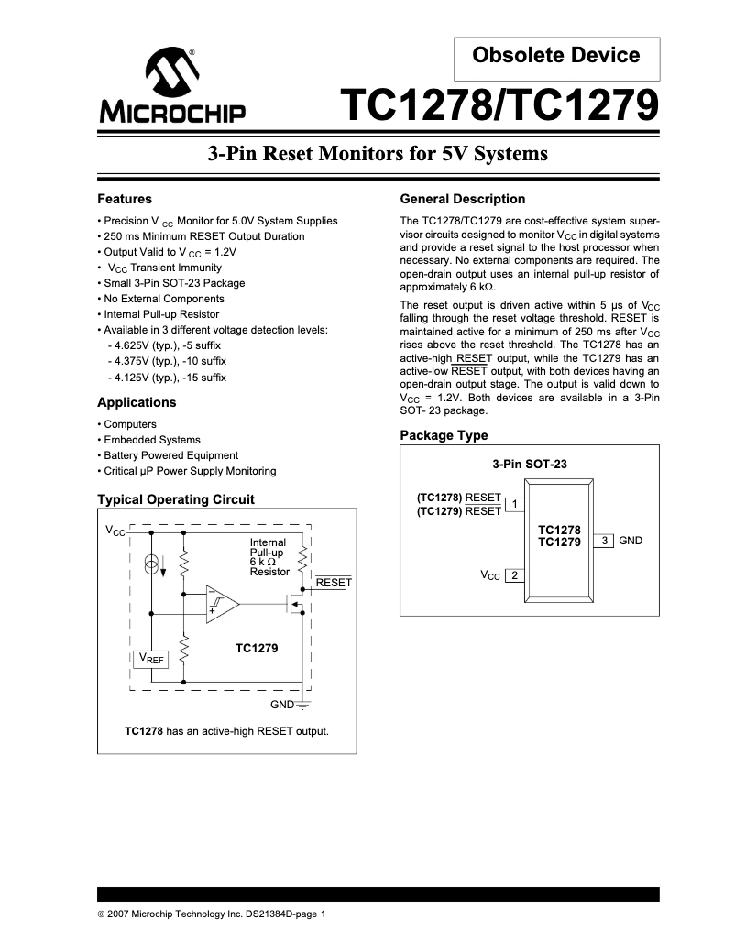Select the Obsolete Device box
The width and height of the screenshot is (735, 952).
pos(556,56)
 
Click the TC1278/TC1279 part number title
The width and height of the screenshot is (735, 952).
pos(499,106)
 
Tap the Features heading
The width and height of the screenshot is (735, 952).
pos(125,199)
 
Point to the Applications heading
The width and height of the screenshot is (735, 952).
pos(137,402)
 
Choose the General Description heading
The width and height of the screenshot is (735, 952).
pos(463,199)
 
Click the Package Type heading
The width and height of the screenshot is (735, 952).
pos(444,435)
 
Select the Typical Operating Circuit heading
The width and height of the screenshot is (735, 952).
pos(175,499)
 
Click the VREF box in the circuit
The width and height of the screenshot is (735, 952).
pos(151,659)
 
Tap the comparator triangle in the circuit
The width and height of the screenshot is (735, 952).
pos(221,604)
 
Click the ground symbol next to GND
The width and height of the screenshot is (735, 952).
pos(303,706)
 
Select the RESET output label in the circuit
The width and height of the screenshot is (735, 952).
pos(334,583)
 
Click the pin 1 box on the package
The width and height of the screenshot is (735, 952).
pos(515,504)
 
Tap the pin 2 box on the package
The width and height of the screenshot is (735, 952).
pos(515,575)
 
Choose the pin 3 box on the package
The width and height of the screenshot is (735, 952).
pos(604,541)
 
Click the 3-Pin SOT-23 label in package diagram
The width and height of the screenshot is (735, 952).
pos(530,464)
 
